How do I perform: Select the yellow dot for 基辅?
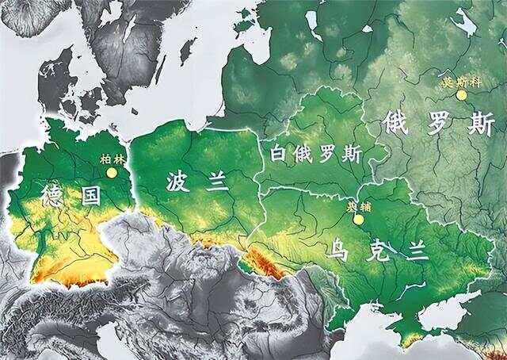click(x=359, y=219)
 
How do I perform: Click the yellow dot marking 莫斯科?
click(x=461, y=95)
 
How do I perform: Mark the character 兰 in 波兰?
click(x=215, y=182)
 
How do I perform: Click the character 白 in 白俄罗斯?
click(x=279, y=153)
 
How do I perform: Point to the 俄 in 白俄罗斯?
click(x=303, y=153)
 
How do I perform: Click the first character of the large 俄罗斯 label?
click(x=396, y=124)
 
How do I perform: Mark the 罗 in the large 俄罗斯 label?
click(x=437, y=124)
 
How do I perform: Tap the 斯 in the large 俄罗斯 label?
click(x=478, y=124)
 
